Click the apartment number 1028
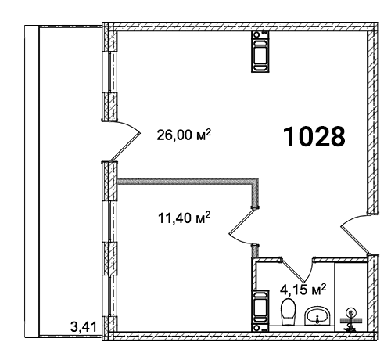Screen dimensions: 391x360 (314, 136)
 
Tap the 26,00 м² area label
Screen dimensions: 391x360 (184, 135)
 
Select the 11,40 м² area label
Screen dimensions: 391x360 (184, 218)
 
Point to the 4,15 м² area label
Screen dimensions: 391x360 (303, 290)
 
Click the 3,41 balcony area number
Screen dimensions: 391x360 (84, 327)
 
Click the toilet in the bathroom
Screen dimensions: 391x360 (288, 312)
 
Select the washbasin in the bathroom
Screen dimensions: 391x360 (317, 315)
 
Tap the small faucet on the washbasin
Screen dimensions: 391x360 (317, 319)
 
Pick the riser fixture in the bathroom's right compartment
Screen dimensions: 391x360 (350, 320)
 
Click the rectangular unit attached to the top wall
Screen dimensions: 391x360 (260, 51)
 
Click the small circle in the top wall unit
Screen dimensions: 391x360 (256, 34)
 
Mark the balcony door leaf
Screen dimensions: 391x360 (126, 146)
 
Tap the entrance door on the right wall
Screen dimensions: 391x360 (356, 240)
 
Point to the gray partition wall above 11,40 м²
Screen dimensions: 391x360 (188, 182)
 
